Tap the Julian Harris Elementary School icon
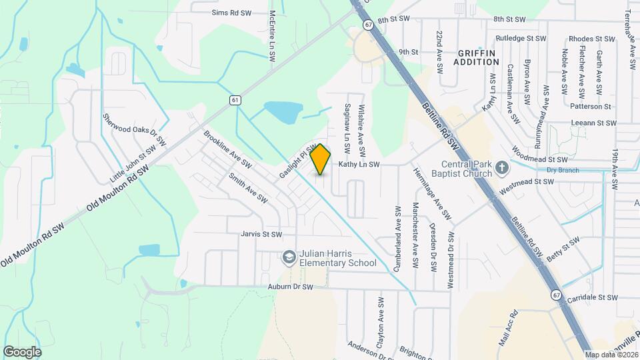(x=289, y=257)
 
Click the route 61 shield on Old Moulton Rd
(x=235, y=100)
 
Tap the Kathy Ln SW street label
(x=359, y=164)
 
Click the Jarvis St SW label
(x=262, y=234)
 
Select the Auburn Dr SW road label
(x=291, y=287)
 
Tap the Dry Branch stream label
(x=560, y=170)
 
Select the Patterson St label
(x=591, y=106)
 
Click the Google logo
(x=22, y=351)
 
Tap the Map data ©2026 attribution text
(x=611, y=355)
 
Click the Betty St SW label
(x=563, y=252)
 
